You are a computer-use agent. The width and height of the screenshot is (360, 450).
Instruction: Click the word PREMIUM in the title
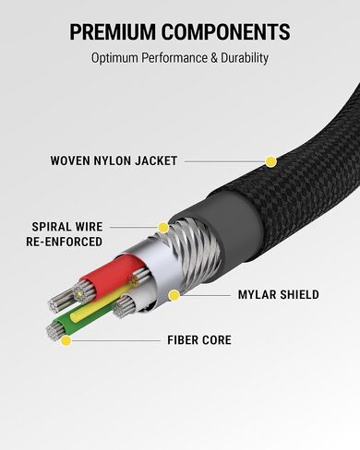click(x=113, y=31)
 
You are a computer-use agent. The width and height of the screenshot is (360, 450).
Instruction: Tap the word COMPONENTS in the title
click(x=226, y=31)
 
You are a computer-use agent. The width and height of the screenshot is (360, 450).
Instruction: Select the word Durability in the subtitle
click(x=245, y=58)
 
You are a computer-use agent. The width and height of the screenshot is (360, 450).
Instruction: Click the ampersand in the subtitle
click(x=214, y=58)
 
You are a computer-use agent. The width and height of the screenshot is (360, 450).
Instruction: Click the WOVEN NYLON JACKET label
click(x=114, y=160)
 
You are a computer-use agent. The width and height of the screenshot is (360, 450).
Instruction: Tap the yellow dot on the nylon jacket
click(x=270, y=161)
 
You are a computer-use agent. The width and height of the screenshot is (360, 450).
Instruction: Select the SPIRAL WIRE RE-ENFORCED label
click(x=65, y=234)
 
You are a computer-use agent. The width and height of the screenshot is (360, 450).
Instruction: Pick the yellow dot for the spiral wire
click(x=163, y=228)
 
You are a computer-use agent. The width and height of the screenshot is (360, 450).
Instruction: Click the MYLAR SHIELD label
click(x=279, y=294)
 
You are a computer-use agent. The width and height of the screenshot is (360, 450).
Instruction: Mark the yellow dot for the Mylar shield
click(x=174, y=295)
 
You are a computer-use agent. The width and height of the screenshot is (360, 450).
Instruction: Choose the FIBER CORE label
click(x=199, y=340)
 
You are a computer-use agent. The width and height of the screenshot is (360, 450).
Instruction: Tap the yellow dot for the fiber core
click(x=66, y=340)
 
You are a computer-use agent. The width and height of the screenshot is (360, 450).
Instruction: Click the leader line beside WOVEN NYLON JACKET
click(x=225, y=161)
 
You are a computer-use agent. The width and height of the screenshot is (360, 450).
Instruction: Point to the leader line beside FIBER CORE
click(x=115, y=340)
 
